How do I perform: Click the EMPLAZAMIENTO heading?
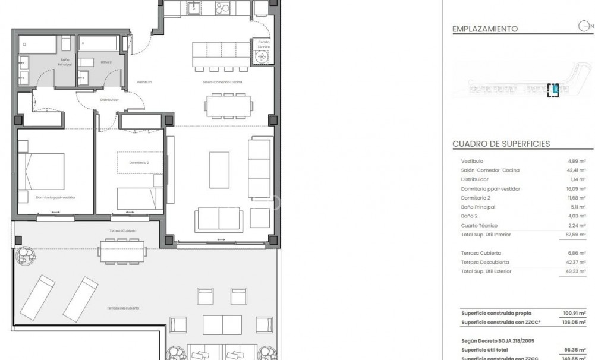484,29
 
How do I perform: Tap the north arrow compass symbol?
585,26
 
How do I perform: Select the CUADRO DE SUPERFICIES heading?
500,144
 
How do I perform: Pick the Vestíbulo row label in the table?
472,161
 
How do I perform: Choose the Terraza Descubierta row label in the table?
484,262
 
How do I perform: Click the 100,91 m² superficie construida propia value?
575,313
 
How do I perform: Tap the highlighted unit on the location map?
554,90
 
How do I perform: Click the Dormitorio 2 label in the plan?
139,162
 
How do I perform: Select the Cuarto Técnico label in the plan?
263,44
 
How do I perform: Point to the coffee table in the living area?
219,170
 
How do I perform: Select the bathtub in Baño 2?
98,44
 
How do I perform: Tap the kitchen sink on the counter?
194,8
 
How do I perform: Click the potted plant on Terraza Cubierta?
26,255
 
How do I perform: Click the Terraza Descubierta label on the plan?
124,308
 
